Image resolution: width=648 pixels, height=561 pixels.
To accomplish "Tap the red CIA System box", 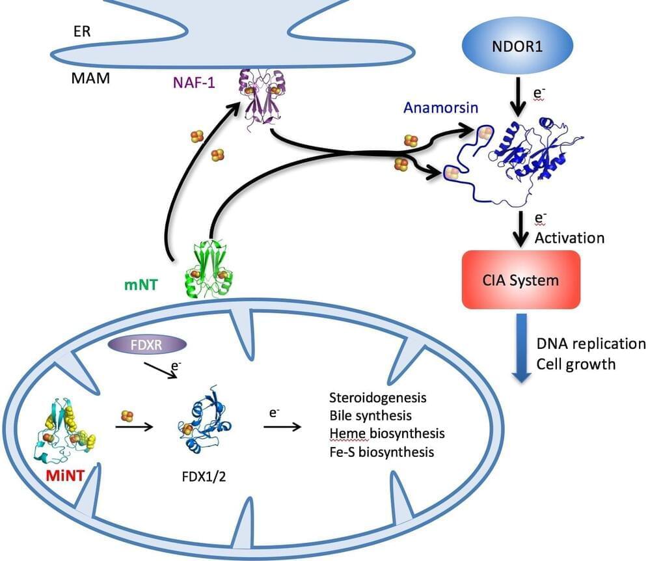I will tap(519, 279).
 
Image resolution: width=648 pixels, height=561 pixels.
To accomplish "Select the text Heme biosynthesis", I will tap(386, 433).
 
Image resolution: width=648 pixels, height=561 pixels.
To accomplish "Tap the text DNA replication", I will tap(591, 344).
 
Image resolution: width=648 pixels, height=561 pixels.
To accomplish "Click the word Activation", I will tap(569, 238).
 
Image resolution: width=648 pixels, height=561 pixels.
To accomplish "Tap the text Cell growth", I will tap(576, 363).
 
